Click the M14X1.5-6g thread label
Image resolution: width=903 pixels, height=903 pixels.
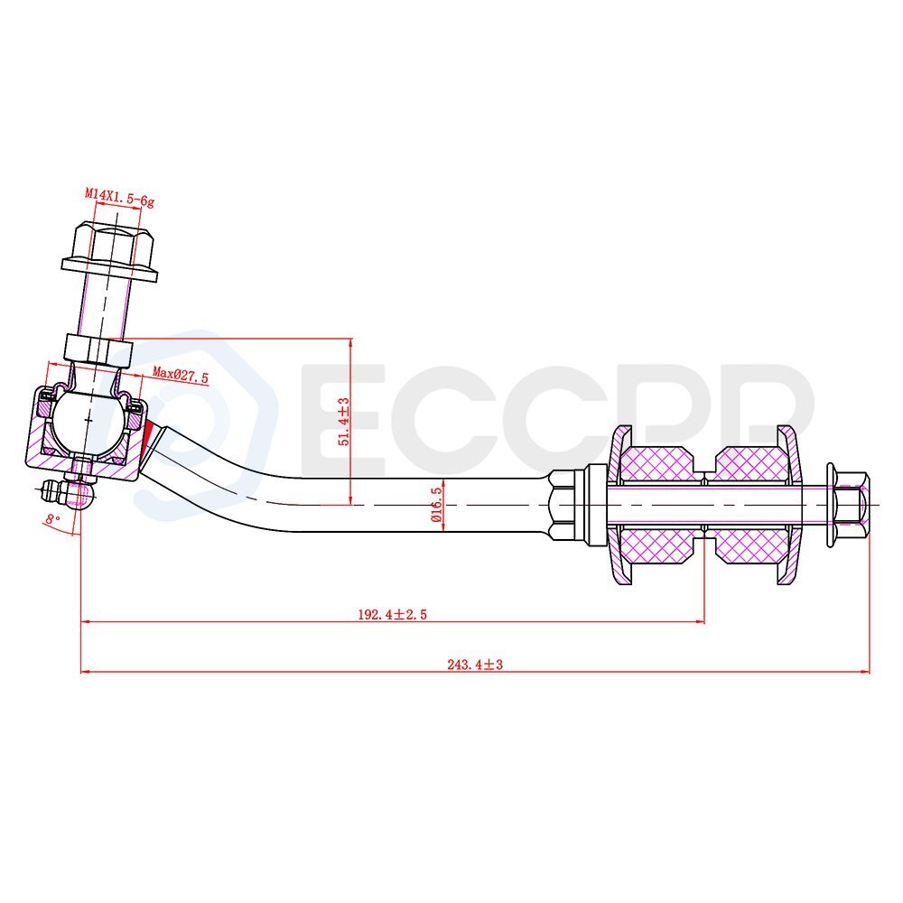click(x=119, y=193)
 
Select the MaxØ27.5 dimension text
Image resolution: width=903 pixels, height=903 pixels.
click(x=180, y=374)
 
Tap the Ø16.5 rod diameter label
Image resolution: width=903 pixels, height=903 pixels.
click(x=436, y=504)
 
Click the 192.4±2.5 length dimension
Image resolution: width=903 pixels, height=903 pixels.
click(x=391, y=614)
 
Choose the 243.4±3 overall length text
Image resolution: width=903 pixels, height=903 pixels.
click(x=474, y=665)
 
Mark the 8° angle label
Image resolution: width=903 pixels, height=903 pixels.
click(x=52, y=518)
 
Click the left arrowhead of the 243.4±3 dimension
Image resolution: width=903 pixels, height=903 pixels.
click(x=87, y=671)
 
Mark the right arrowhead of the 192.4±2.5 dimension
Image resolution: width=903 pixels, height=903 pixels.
click(x=699, y=621)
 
